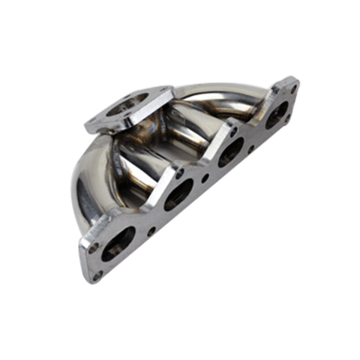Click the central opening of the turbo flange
[128, 107]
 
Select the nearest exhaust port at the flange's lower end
[118, 242]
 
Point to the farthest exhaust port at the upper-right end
[277, 113]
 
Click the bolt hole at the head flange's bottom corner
[97, 275]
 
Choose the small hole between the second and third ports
[205, 178]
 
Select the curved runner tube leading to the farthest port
[225, 94]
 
